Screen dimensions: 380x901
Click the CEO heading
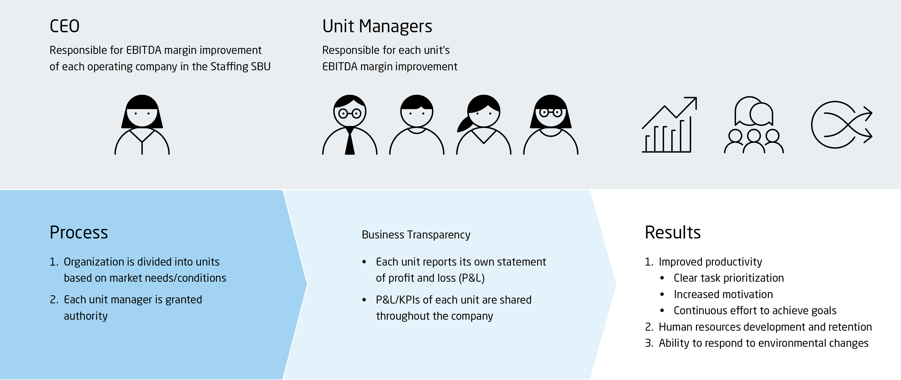[65, 26]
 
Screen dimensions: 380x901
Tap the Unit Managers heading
[377, 26]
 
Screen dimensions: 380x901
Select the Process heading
[79, 232]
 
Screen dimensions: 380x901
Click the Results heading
[672, 232]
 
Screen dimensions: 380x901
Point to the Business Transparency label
[416, 235]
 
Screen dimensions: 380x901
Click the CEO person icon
[142, 125]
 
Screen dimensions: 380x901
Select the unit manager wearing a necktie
[350, 125]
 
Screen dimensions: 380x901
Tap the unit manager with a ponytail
[483, 125]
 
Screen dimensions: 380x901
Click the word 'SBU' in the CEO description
[260, 67]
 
